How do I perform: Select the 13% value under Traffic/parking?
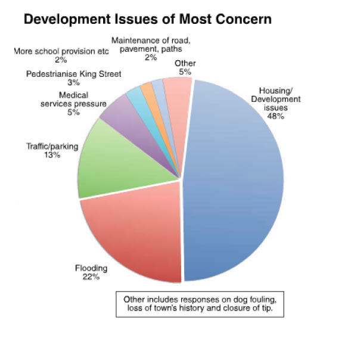click(x=52, y=154)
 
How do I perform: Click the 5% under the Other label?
click(x=185, y=72)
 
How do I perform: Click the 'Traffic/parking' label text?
click(x=52, y=146)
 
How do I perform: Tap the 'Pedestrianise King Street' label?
click(x=73, y=75)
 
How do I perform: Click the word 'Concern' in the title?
click(x=242, y=19)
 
